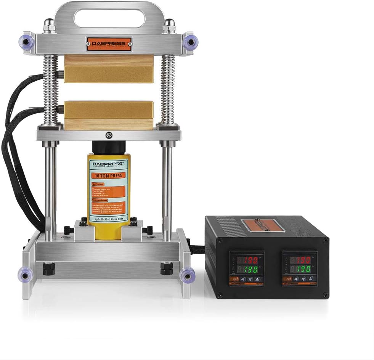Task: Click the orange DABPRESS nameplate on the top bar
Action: [x=109, y=44]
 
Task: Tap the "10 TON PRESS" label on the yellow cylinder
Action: [x=109, y=176]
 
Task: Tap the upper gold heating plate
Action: [x=109, y=74]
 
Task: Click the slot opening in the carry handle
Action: [x=109, y=18]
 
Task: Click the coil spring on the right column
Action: [x=168, y=90]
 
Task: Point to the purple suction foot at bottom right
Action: [x=187, y=274]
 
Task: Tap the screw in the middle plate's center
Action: [x=109, y=135]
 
